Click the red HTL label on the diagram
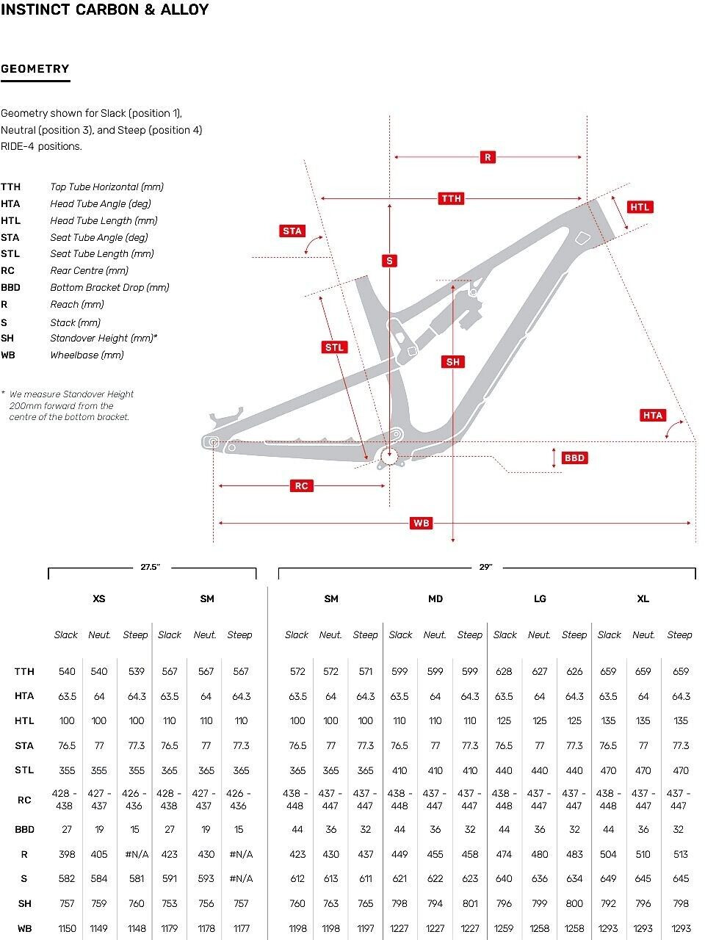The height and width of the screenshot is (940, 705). (x=640, y=207)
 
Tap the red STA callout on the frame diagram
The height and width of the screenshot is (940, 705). (x=292, y=231)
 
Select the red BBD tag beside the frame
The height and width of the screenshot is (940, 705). (x=574, y=458)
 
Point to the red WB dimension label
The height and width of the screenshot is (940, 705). (x=421, y=523)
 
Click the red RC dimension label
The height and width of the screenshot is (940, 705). (x=301, y=485)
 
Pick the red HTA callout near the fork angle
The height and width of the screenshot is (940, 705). (x=653, y=415)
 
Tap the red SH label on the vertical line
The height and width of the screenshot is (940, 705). (x=453, y=361)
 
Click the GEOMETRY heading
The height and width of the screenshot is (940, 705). (x=35, y=69)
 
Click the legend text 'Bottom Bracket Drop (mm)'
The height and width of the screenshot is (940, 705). (x=109, y=287)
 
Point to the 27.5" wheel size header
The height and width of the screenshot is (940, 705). (x=150, y=567)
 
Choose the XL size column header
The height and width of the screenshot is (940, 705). (x=643, y=599)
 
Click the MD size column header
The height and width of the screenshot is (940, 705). (x=435, y=599)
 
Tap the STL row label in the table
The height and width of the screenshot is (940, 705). (x=24, y=770)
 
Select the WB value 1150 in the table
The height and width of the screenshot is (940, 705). (x=67, y=928)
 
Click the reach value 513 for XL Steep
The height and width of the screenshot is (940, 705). (x=681, y=854)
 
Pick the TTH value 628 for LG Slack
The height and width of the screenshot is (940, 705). (x=505, y=671)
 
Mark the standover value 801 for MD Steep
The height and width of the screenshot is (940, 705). (x=470, y=903)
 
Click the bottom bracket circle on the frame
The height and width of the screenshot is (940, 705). (x=388, y=457)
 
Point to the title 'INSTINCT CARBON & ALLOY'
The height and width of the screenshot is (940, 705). (x=105, y=10)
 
